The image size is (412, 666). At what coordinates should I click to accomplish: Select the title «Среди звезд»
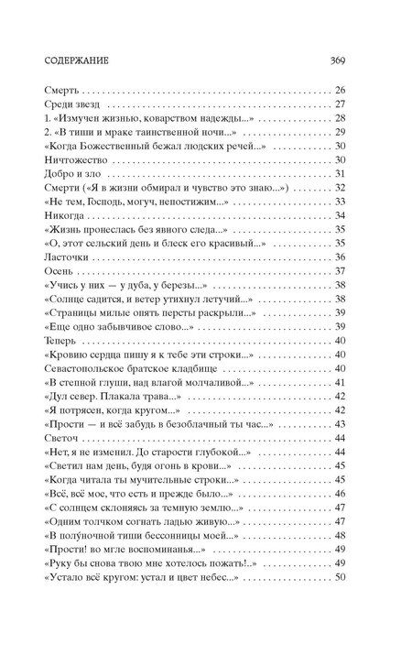[x=66, y=106]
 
